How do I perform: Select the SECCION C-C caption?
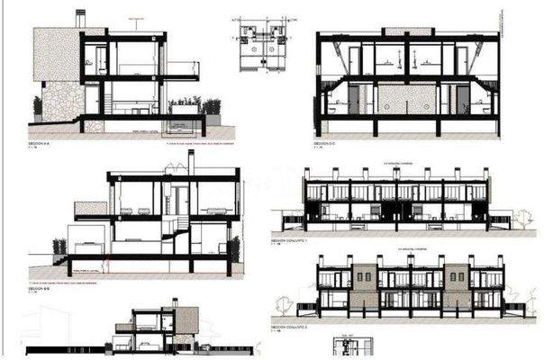click(325, 143)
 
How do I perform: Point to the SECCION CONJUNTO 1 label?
click(290, 242)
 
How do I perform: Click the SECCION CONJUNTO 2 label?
click(290, 328)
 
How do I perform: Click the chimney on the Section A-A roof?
click(80, 19)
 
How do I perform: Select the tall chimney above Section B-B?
click(190, 162)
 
